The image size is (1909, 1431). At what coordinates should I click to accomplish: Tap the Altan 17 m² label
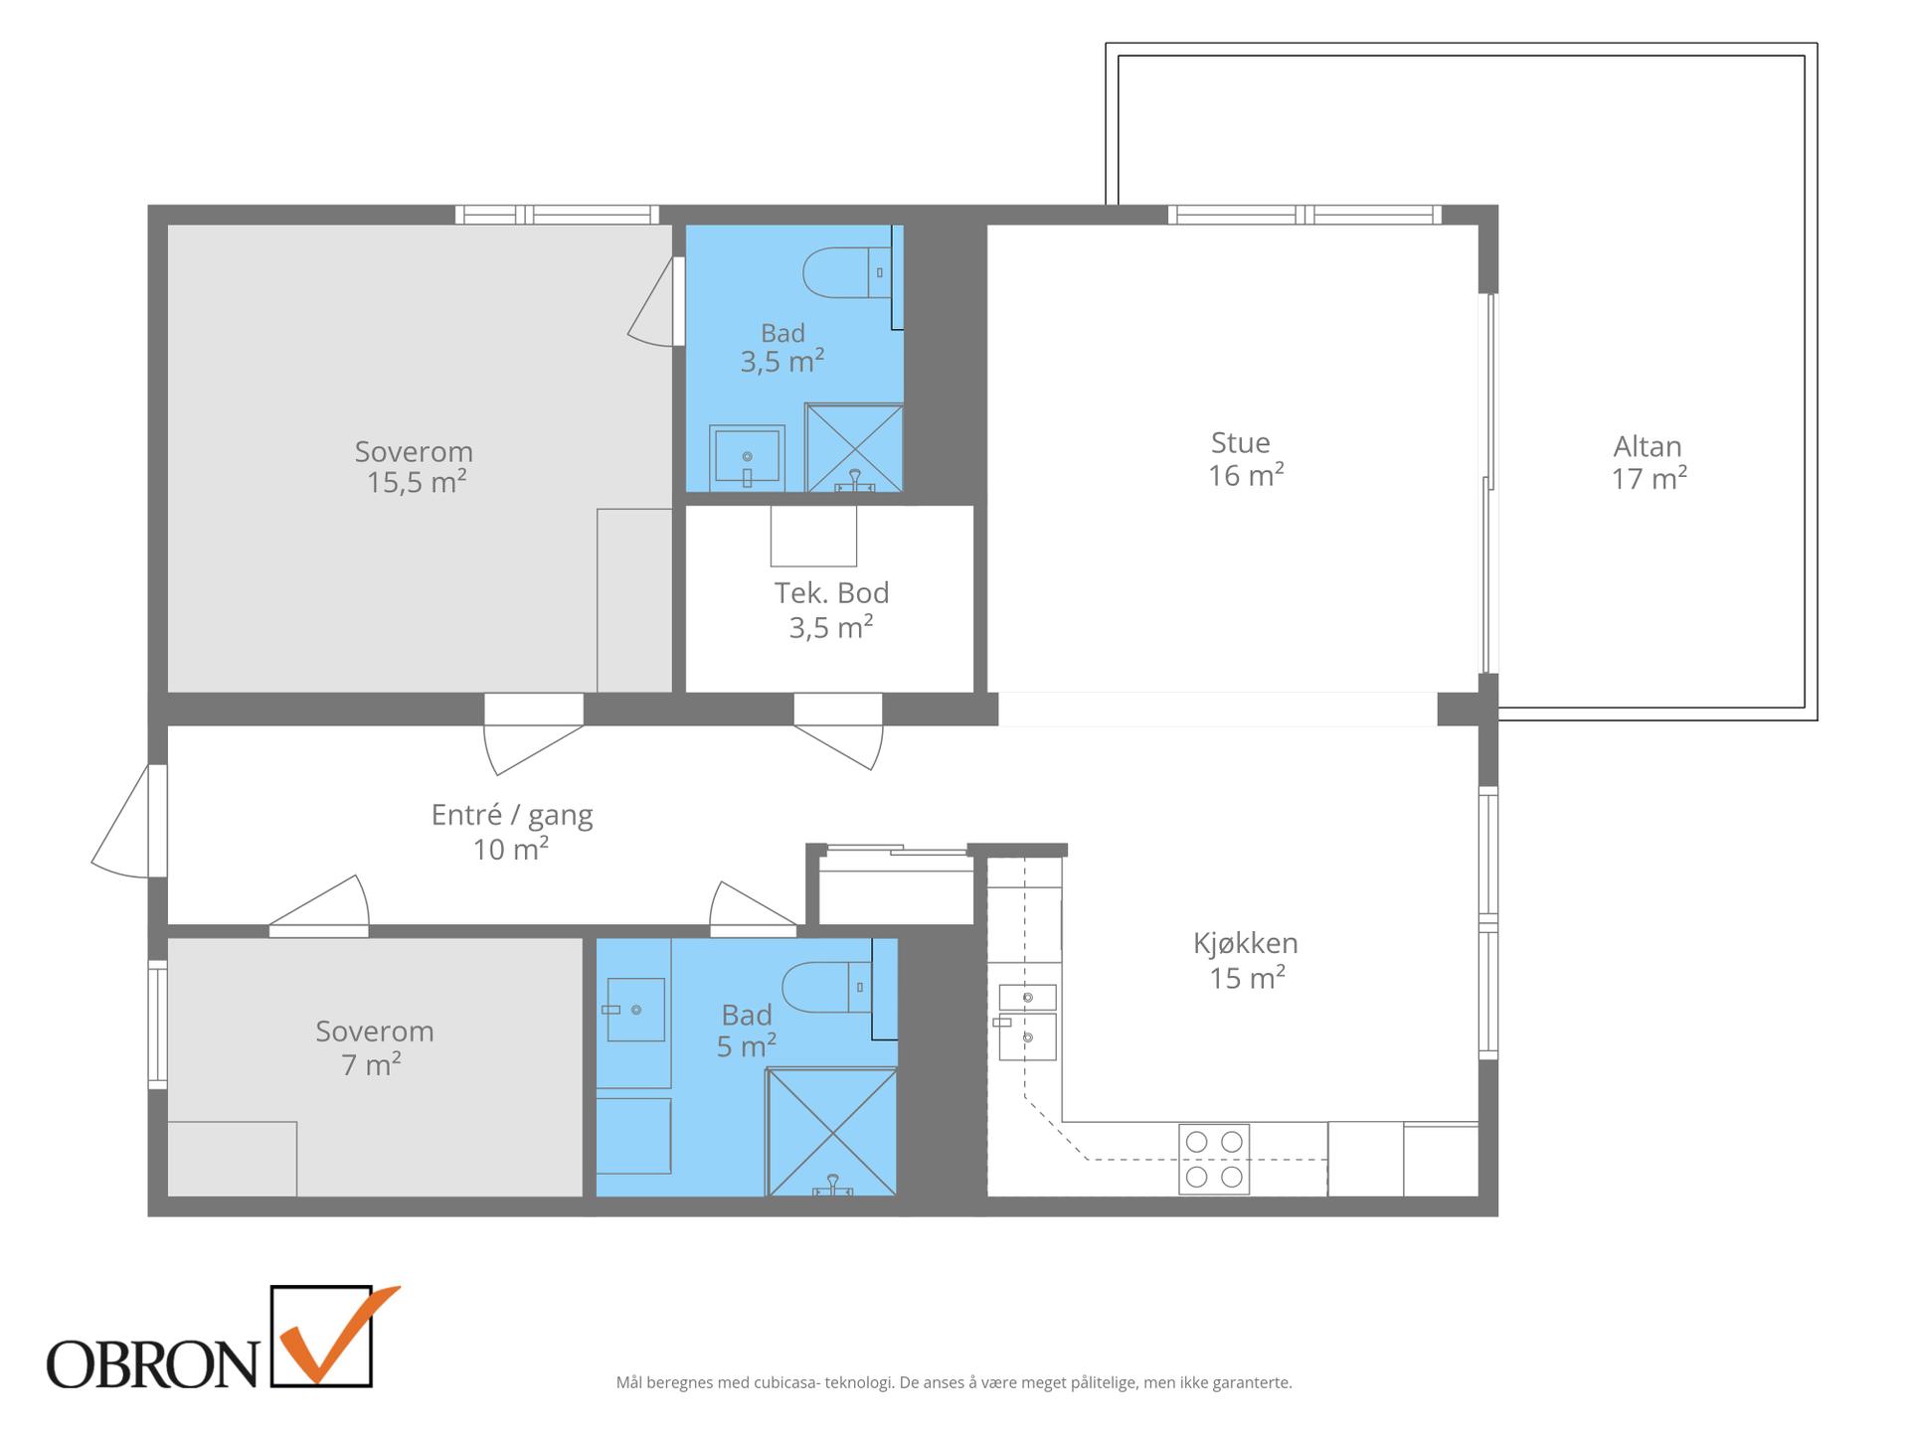tap(1649, 462)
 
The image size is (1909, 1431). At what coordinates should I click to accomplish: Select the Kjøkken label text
tap(1246, 942)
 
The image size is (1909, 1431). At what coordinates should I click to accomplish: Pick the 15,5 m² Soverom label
tap(415, 467)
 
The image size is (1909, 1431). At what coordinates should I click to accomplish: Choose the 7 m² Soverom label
tap(375, 1047)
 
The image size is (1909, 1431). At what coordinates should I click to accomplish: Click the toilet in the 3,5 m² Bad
tap(846, 273)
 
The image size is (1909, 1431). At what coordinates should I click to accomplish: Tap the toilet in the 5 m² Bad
tap(826, 988)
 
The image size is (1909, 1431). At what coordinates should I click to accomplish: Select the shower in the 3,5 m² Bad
tap(854, 447)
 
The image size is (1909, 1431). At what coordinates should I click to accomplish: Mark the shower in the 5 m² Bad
tap(832, 1132)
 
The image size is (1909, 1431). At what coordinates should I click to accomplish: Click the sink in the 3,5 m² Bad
tap(747, 458)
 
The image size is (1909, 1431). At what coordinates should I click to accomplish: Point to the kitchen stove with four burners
tap(1214, 1159)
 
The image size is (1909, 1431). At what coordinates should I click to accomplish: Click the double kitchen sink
tap(1027, 1023)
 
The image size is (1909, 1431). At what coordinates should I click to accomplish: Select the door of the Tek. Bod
tap(838, 730)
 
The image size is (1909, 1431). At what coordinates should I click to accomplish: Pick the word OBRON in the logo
tap(152, 1363)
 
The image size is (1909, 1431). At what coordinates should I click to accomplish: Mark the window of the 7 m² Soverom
tap(157, 1024)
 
